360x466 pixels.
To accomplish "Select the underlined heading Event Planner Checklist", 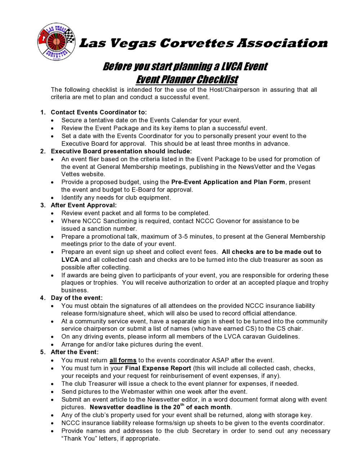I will [187, 79].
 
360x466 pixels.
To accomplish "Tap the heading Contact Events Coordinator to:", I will [99, 112].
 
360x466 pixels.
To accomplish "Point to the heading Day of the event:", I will [77, 298].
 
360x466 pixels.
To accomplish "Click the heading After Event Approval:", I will [84, 205].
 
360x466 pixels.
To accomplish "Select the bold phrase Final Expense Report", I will [158, 368].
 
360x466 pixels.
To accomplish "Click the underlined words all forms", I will [123, 360].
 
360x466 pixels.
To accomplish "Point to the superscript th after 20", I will [182, 405].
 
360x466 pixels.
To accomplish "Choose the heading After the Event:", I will [75, 352].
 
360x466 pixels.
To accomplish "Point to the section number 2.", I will [42, 151].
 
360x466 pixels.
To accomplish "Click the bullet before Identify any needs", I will [53, 198].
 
